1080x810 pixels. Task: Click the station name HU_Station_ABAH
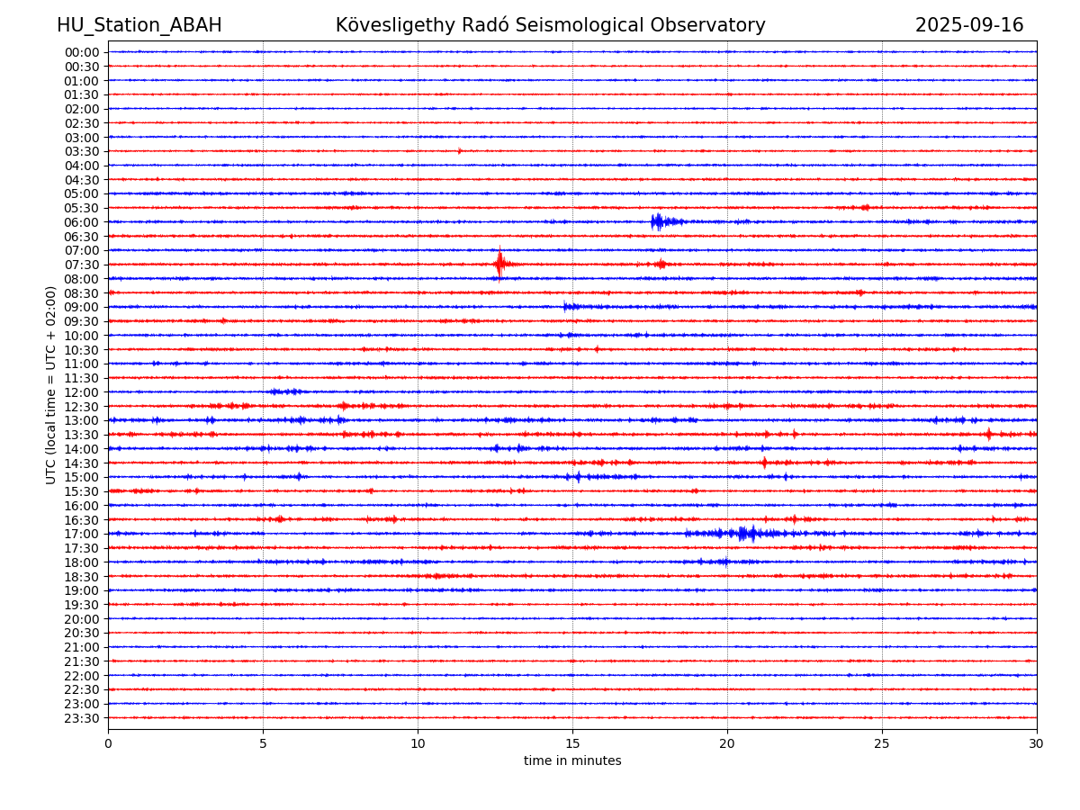(x=139, y=25)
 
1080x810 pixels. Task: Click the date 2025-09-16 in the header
(x=968, y=25)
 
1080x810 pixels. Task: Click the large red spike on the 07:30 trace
(x=499, y=264)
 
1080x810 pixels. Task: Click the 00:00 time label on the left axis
(x=82, y=52)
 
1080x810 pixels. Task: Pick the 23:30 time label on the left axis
(x=82, y=718)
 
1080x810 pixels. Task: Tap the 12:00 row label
(x=82, y=392)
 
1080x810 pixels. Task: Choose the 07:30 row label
(x=82, y=265)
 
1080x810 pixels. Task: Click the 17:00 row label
(x=82, y=534)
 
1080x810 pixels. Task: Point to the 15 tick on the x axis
(x=572, y=743)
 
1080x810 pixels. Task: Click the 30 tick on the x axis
(x=1036, y=743)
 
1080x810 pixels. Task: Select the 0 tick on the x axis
(x=108, y=743)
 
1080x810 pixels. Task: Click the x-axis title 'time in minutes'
(x=572, y=760)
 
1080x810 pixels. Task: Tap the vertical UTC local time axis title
(x=50, y=385)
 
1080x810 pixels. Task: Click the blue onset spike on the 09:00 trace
(x=565, y=306)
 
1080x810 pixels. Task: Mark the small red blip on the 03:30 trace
(x=459, y=151)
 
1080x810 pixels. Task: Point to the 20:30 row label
(x=82, y=634)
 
